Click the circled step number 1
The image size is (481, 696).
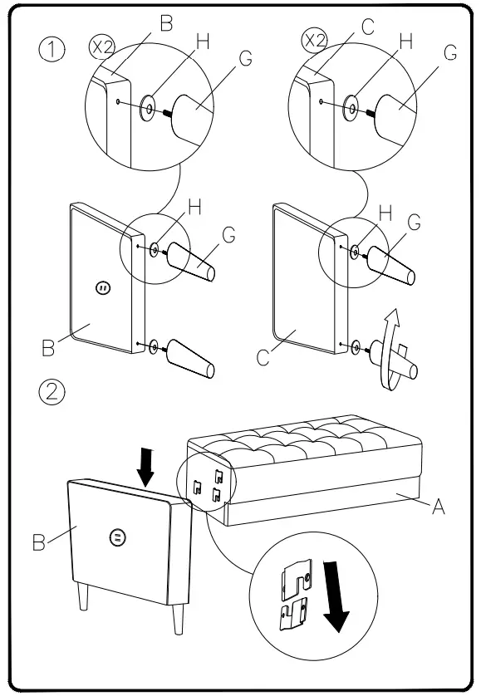click(x=52, y=49)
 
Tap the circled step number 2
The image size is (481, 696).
click(x=52, y=391)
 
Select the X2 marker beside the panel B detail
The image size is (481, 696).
click(x=102, y=47)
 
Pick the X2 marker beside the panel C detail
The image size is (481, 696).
click(x=315, y=41)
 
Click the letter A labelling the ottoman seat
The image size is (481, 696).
click(x=439, y=506)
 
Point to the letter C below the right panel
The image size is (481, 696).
click(x=263, y=357)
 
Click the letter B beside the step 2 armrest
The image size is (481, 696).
click(x=39, y=542)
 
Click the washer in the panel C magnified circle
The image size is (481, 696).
click(x=351, y=108)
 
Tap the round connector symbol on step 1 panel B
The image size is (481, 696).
click(x=104, y=288)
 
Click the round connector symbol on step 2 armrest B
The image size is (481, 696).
click(x=117, y=537)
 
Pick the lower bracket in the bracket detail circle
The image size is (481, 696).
click(x=293, y=614)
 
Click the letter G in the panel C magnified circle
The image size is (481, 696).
click(x=450, y=53)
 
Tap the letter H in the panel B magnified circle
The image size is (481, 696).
click(x=203, y=42)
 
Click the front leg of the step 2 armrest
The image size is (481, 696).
click(x=178, y=619)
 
